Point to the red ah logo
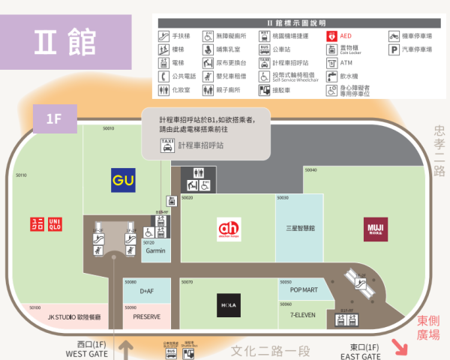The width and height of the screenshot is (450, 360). (228, 228)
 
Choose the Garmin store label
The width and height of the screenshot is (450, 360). (156, 250)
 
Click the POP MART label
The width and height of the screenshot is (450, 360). (304, 289)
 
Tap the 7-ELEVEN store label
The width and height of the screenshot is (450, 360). (304, 316)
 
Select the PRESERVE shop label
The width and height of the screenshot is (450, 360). (147, 317)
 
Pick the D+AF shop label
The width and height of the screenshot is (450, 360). (146, 291)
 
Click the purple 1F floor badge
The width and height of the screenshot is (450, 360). (53, 118)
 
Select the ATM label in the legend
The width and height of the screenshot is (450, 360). (346, 63)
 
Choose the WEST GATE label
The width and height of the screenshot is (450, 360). (87, 354)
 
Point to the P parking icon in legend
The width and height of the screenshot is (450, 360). (394, 49)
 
